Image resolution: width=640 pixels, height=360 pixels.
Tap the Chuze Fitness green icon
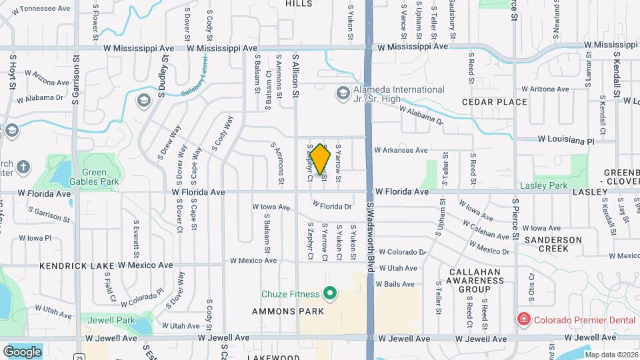(x=329, y=293)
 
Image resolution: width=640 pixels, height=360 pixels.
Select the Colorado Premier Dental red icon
(x=524, y=320)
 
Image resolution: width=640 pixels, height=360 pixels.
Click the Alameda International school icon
(x=343, y=93)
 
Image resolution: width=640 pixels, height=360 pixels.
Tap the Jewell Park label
(x=102, y=320)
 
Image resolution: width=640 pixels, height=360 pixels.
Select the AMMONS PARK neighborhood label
(x=288, y=311)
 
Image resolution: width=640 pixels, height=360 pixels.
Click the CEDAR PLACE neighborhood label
(x=495, y=102)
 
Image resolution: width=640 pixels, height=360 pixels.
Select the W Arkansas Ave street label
(x=401, y=151)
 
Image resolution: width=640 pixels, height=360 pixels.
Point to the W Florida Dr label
(x=331, y=206)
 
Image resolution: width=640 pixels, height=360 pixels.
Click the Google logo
(x=22, y=351)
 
